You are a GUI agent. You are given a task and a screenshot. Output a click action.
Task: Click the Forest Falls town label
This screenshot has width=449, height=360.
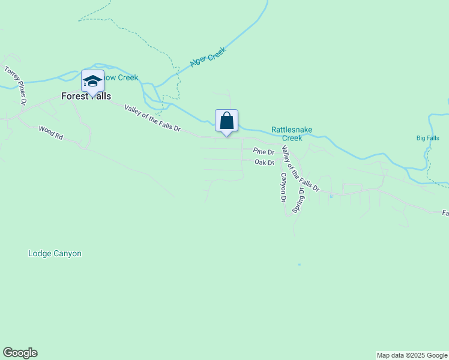[86, 96]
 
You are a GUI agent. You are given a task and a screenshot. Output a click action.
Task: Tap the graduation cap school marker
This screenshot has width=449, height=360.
[92, 81]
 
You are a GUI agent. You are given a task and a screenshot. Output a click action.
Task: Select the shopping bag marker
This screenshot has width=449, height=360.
[227, 121]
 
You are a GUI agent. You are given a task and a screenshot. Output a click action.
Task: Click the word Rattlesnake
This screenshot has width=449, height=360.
[292, 129]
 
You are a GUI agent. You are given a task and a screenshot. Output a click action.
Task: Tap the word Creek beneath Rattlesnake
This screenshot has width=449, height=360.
[292, 138]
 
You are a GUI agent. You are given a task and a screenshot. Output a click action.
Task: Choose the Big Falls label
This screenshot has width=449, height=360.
[428, 138]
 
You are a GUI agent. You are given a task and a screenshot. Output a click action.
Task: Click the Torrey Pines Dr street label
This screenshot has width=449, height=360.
[16, 86]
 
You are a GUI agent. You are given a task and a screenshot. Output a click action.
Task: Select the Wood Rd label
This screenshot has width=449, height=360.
[50, 133]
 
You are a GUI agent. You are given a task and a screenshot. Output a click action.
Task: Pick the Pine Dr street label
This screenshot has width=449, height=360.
[264, 152]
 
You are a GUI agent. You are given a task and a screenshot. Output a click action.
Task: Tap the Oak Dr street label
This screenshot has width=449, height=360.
[264, 163]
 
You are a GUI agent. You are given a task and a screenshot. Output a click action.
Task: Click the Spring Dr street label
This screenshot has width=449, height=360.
[298, 199]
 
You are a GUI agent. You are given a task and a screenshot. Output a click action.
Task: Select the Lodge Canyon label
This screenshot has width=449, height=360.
[55, 254]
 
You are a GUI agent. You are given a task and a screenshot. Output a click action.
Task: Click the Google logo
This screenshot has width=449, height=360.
[20, 353]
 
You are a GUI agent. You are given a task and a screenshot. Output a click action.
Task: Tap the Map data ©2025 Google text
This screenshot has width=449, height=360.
[412, 355]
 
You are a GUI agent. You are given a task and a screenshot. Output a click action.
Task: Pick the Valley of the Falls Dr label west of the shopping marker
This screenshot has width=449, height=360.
[152, 118]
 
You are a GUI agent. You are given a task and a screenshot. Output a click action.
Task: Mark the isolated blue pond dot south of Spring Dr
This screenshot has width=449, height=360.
[299, 265]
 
